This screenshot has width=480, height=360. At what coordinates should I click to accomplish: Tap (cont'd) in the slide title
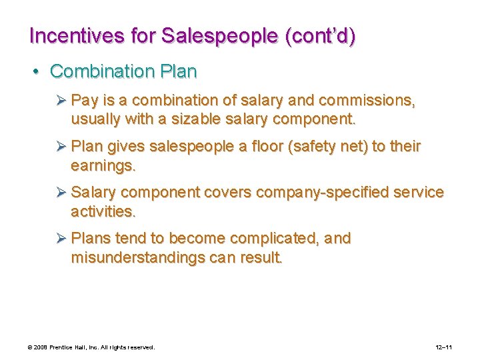click(319, 36)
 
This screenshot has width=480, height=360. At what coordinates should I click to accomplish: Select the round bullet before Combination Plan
click(41, 71)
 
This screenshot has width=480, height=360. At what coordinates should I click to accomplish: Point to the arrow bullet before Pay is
click(61, 101)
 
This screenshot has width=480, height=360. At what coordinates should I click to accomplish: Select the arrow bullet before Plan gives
click(61, 147)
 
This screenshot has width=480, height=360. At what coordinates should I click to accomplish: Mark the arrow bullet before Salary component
click(61, 193)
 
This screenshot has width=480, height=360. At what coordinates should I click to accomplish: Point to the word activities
click(103, 211)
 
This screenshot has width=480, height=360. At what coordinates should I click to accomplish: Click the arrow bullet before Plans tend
click(61, 239)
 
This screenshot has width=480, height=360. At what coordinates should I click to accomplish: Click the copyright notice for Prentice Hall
click(91, 347)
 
